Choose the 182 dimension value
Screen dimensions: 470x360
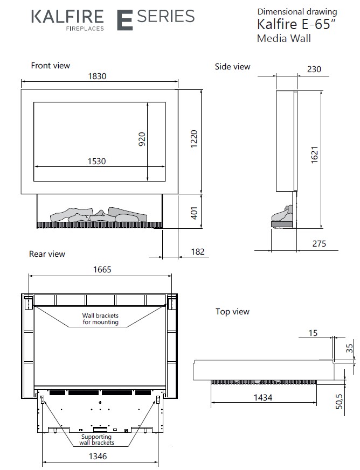point(198,252)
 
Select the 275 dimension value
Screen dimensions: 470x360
point(319,244)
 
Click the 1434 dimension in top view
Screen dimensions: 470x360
point(263,397)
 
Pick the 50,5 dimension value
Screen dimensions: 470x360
point(354,401)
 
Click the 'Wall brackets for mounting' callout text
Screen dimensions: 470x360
point(100,319)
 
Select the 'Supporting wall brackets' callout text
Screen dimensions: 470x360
point(98,439)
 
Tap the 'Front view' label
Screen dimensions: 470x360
point(51,66)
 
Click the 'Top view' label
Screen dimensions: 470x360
point(232,312)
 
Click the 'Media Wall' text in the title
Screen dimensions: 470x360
point(283,38)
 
